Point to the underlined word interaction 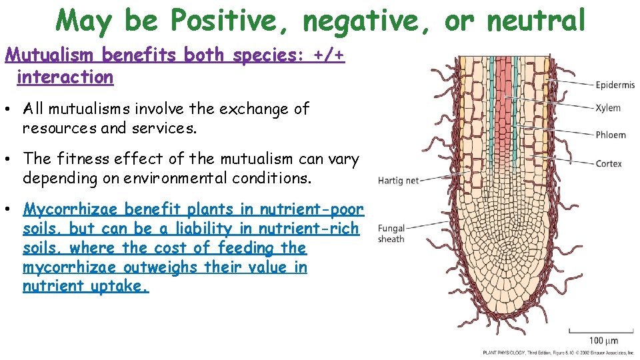tap(65, 77)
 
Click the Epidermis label tap(615, 85)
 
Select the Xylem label tap(607, 108)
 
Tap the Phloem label tap(611, 135)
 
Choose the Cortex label tap(609, 163)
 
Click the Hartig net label tap(398, 181)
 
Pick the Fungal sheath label tap(391, 234)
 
